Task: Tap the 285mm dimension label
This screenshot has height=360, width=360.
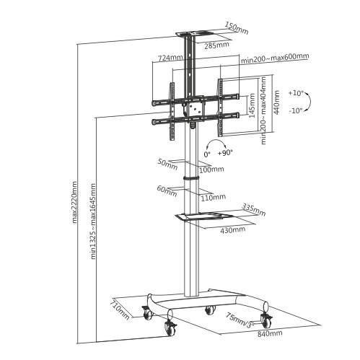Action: [x=217, y=45]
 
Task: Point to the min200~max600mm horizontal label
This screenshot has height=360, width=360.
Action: [x=275, y=57]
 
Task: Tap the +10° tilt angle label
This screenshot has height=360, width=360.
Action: [x=296, y=94]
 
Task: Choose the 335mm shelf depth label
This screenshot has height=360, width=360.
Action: [x=253, y=207]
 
